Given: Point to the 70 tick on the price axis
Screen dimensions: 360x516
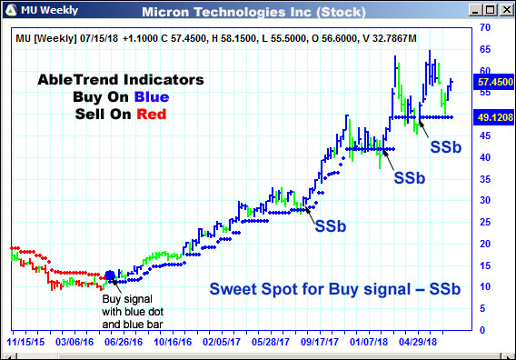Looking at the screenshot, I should (x=485, y=28).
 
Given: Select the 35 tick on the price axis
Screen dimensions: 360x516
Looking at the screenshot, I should (x=485, y=178).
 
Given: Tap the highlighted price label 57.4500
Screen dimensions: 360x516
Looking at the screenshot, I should (x=491, y=81).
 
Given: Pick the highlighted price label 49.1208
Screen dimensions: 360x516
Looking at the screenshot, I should (x=491, y=117).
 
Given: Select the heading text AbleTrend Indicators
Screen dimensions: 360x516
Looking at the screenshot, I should (x=121, y=80).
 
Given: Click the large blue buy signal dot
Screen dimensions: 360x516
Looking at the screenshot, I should (x=111, y=275).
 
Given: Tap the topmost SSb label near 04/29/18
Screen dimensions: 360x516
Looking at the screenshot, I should (x=446, y=145).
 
